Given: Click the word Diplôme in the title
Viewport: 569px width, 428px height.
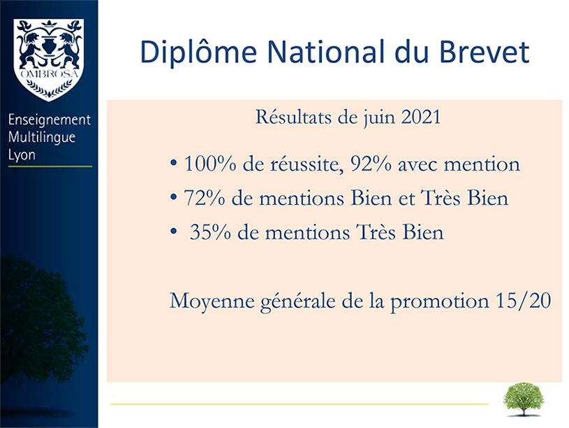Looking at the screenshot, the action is click(x=198, y=52).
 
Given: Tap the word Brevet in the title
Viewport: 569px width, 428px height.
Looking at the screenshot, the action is click(x=485, y=52).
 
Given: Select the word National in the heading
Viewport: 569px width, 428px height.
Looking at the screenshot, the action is click(x=326, y=52).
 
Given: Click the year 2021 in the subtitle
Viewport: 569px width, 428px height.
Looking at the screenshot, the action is click(x=421, y=117).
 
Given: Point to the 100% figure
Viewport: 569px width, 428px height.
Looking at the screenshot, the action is click(x=210, y=164).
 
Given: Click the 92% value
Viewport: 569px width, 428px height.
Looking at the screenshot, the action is click(x=371, y=164).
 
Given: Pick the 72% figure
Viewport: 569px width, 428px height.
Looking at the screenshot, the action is click(x=205, y=198).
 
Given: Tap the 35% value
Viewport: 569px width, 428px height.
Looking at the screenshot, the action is click(x=210, y=232).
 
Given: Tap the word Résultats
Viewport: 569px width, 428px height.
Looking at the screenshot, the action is click(x=293, y=117).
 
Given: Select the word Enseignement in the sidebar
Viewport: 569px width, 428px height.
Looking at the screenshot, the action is click(x=50, y=120).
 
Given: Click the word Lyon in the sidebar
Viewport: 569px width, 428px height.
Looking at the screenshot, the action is click(x=22, y=155).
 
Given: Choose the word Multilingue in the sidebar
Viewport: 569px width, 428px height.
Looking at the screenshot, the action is click(x=42, y=138).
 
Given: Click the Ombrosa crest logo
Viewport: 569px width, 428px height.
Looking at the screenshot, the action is click(x=48, y=59).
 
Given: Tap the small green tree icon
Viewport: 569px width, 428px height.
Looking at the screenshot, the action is click(x=524, y=399).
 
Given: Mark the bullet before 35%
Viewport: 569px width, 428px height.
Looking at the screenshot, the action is click(x=174, y=231).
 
